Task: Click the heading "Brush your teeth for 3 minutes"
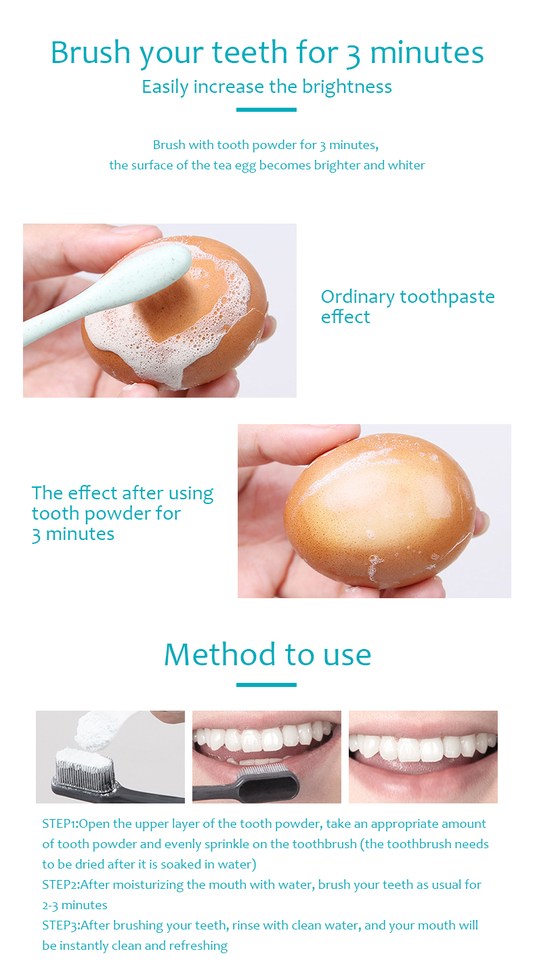click(267, 53)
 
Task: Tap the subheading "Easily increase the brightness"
click(267, 87)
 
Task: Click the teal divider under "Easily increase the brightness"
click(266, 109)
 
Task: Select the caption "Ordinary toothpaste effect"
click(408, 306)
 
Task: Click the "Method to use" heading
click(267, 654)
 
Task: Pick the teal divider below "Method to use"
click(266, 684)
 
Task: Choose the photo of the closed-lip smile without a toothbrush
click(423, 757)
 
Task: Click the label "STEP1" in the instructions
click(60, 824)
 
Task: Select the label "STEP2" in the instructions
click(60, 885)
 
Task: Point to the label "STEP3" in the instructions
click(60, 925)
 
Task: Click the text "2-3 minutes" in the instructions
click(74, 905)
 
